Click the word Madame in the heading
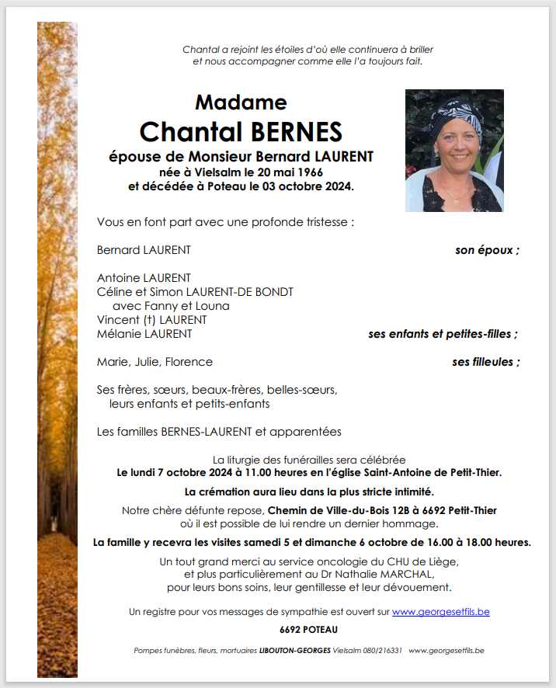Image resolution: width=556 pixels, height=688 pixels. tap(241, 103)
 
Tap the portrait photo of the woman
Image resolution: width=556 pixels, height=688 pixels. tap(453, 151)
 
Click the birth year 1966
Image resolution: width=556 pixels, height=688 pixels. tap(308, 172)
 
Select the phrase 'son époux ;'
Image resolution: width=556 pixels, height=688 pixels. tap(487, 250)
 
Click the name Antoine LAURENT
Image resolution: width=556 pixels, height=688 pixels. tap(144, 278)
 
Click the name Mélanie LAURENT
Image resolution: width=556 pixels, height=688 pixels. tap(144, 334)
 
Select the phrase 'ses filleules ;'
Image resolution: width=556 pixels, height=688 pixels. tap(486, 362)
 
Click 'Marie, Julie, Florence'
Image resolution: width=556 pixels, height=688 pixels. tap(155, 362)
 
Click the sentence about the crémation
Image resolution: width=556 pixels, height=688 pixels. tap(309, 492)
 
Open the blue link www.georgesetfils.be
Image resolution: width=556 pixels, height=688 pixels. tap(440, 612)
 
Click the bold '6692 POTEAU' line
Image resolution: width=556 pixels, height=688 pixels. tap(308, 630)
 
